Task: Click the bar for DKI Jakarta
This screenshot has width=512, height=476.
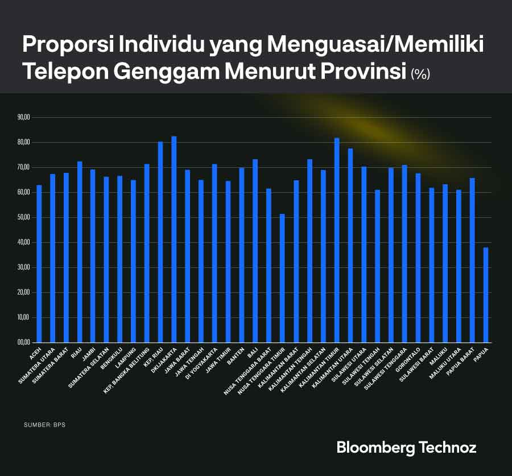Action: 174,239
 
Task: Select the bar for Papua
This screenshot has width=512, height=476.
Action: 485,295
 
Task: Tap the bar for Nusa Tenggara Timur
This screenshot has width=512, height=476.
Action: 282,279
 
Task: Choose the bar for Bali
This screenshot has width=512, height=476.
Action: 255,251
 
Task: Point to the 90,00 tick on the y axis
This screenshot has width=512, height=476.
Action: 24,118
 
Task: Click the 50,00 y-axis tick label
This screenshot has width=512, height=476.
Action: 24,217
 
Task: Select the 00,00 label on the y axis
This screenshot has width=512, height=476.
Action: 24,342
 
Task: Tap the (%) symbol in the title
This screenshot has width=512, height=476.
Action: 421,74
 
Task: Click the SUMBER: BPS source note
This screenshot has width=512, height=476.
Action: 45,425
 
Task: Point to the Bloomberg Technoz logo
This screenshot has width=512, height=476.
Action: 406,447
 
